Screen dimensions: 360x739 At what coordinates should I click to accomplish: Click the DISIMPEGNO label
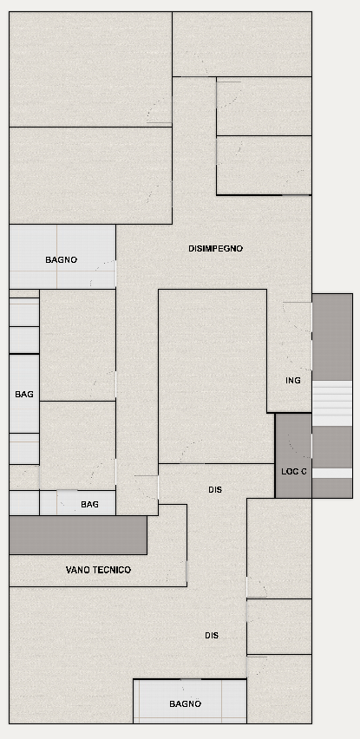[215, 248]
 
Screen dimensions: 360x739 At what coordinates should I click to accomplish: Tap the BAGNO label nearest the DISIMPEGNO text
[62, 259]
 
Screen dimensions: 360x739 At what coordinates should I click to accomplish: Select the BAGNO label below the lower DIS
[185, 704]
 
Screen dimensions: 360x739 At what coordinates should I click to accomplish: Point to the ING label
[293, 380]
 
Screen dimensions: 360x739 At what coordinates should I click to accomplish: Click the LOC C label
[293, 471]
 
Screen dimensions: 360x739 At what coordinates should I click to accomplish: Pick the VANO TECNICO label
[98, 570]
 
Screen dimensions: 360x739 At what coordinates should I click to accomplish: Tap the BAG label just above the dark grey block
[89, 504]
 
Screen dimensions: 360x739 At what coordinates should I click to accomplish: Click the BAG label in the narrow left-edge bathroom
[24, 394]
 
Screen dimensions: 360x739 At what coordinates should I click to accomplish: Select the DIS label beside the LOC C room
[215, 490]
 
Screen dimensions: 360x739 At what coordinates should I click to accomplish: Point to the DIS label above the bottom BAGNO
[212, 635]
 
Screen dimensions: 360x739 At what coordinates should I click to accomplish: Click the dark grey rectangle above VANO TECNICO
[78, 535]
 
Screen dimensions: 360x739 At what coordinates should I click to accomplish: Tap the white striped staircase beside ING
[332, 403]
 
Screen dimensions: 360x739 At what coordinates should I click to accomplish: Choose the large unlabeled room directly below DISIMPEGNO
[213, 376]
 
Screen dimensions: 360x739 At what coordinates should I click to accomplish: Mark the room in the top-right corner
[242, 44]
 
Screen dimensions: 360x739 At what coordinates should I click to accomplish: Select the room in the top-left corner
[90, 69]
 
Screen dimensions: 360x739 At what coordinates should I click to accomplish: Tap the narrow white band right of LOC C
[332, 474]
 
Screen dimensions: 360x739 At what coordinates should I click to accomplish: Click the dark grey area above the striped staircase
[332, 337]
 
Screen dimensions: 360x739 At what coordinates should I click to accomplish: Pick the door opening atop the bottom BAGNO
[191, 679]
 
